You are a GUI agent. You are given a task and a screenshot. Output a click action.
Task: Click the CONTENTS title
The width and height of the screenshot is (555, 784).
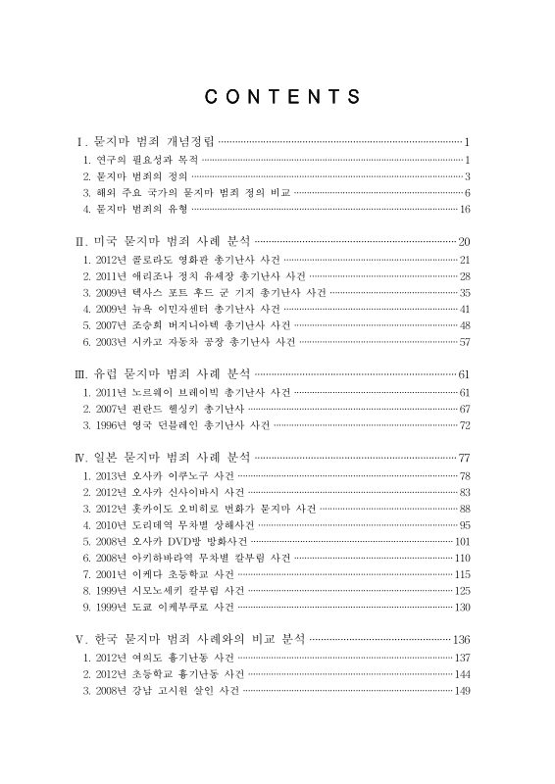(x=277, y=96)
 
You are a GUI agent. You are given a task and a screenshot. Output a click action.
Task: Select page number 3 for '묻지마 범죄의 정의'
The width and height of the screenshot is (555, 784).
(x=469, y=175)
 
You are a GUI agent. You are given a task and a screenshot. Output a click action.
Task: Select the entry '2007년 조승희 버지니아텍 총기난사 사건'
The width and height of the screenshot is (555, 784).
(x=193, y=325)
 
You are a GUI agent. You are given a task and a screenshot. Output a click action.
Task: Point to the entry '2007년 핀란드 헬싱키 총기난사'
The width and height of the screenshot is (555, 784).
(x=168, y=408)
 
